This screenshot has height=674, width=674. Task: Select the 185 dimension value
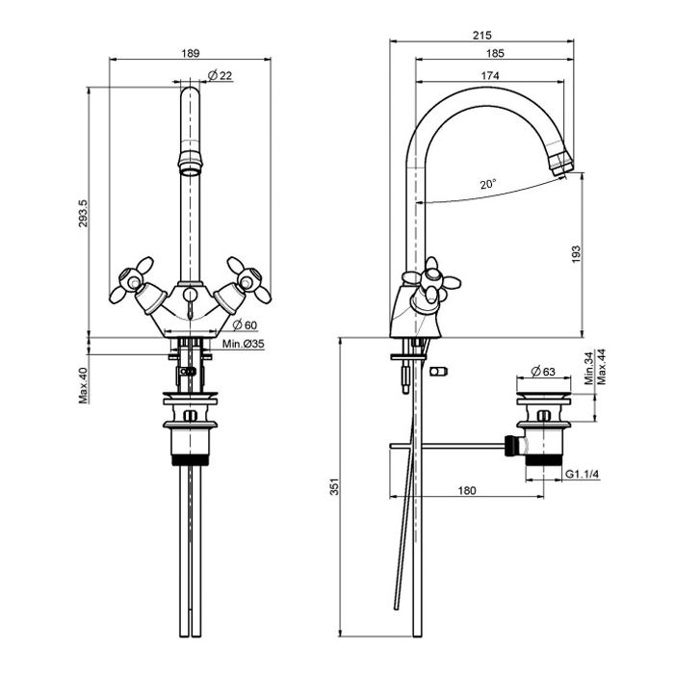pyautogui.click(x=499, y=55)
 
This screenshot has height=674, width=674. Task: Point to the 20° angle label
pyautogui.click(x=489, y=182)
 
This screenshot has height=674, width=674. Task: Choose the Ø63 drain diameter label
pyautogui.click(x=542, y=370)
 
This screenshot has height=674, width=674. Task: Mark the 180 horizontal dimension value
pyautogui.click(x=465, y=491)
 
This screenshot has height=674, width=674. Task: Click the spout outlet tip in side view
pyautogui.click(x=563, y=165)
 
